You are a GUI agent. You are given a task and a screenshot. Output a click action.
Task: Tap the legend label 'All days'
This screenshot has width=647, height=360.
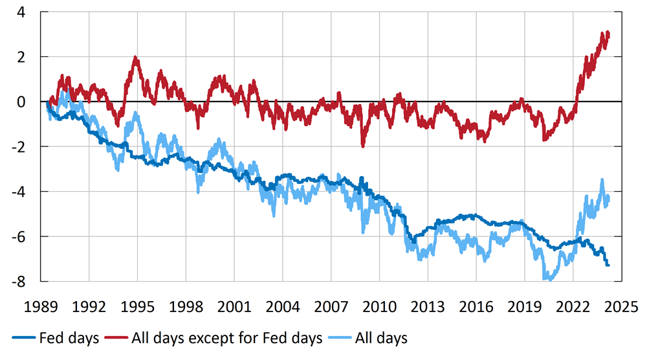click(x=386, y=337)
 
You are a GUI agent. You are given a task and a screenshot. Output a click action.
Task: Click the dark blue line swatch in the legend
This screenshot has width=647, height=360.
click(x=24, y=338)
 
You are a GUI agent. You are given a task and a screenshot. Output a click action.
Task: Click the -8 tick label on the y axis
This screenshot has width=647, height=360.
click(x=27, y=281)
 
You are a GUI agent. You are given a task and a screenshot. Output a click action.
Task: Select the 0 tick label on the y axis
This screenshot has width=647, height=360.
click(x=30, y=102)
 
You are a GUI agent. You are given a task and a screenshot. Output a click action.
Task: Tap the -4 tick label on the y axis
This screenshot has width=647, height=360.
click(x=27, y=192)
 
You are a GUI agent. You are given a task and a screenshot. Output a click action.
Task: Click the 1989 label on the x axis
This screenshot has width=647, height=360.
click(x=41, y=305)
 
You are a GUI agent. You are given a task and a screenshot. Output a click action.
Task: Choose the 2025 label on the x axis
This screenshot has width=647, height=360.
click(x=620, y=305)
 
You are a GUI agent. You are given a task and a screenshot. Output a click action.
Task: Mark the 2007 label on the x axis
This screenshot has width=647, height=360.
click(x=331, y=305)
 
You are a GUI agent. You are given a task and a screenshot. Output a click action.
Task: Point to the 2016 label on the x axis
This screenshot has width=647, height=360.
click(x=476, y=305)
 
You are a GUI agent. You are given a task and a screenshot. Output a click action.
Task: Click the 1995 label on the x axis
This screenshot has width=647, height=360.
click(x=138, y=305)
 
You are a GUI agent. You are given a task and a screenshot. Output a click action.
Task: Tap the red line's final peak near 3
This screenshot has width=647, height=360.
click(x=606, y=32)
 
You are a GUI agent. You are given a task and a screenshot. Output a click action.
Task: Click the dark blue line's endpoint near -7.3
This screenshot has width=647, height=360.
click(x=608, y=265)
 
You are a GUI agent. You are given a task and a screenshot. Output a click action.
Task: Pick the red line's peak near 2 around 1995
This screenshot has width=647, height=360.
click(x=135, y=58)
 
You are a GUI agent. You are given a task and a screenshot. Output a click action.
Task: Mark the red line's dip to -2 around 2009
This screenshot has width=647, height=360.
click(x=363, y=146)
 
